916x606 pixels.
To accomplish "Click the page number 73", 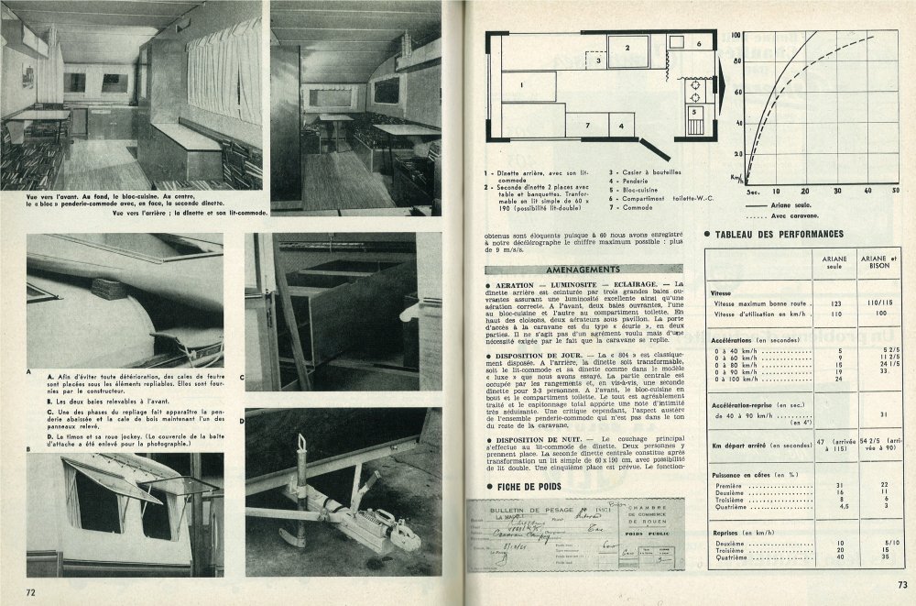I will click(x=901, y=585).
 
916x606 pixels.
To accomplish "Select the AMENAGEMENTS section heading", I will click(x=572, y=272).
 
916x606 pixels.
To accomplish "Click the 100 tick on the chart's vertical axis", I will click(x=735, y=36).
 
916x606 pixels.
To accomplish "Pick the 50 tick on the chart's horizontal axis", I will click(x=895, y=191).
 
